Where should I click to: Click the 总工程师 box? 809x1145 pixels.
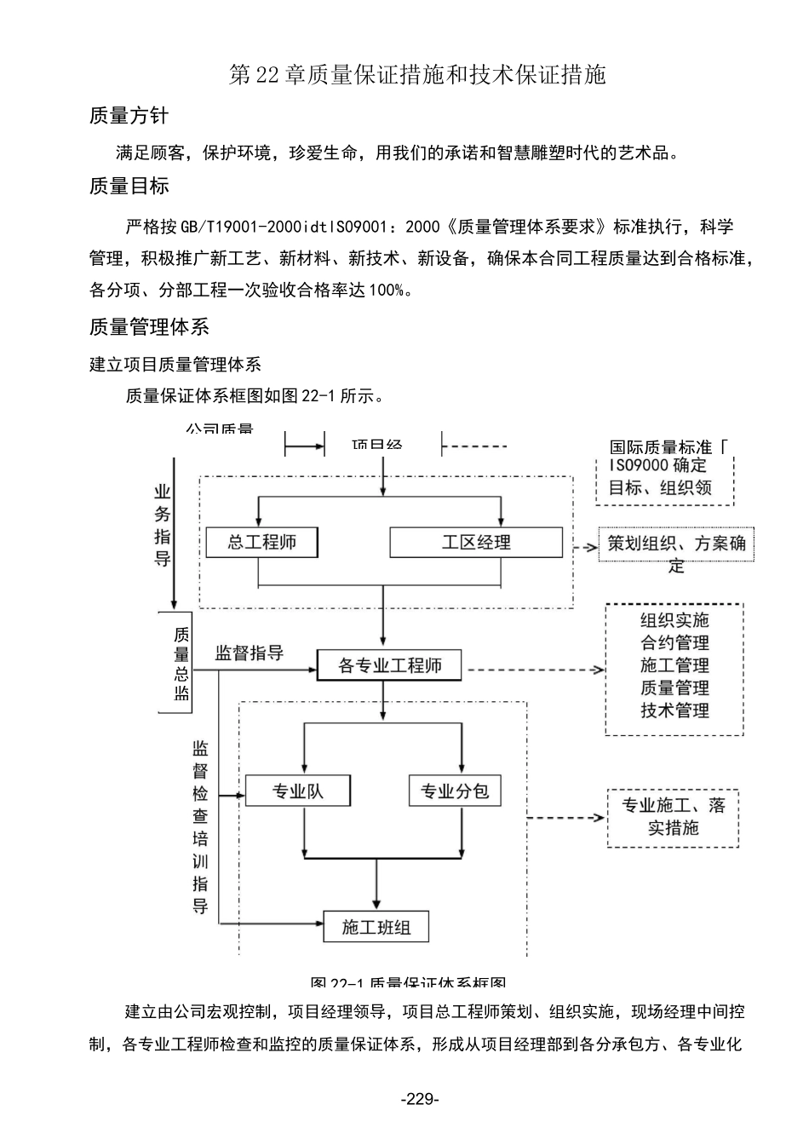(x=261, y=543)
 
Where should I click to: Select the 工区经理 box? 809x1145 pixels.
(x=475, y=543)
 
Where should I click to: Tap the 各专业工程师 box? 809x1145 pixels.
(x=389, y=665)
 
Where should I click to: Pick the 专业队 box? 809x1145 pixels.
(x=297, y=791)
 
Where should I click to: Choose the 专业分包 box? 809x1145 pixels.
(x=455, y=791)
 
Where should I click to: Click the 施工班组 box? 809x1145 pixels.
(x=376, y=927)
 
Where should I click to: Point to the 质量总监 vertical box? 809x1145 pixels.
(x=181, y=663)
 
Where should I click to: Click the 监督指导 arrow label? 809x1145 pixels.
(x=249, y=653)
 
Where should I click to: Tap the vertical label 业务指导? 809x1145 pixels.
(x=162, y=525)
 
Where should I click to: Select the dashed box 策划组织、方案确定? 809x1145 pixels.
(x=676, y=553)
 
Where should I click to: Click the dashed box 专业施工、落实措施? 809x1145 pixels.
(x=673, y=817)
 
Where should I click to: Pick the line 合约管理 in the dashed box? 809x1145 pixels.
(x=674, y=643)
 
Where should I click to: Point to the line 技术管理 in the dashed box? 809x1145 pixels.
(x=674, y=711)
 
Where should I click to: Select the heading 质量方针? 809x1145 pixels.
(x=129, y=116)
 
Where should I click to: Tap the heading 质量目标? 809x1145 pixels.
(x=129, y=186)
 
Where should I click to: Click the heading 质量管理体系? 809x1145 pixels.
(x=149, y=327)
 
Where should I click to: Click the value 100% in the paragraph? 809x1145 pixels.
(x=386, y=291)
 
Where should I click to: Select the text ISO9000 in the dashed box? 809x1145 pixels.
(x=640, y=466)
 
